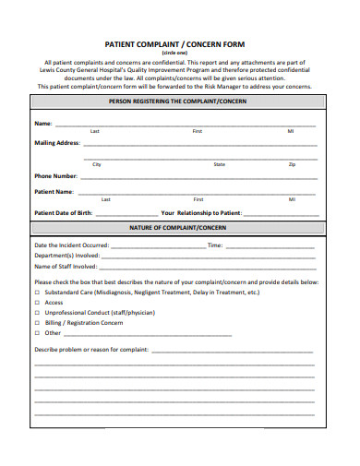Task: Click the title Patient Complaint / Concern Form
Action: coord(179,42)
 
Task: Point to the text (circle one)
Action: coord(180,53)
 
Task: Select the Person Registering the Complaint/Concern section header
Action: coord(179,102)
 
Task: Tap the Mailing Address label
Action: coord(57,144)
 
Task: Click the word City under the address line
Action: coord(97,164)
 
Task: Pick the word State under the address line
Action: coord(219,164)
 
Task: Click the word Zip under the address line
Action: coord(292,164)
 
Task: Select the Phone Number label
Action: coord(55,175)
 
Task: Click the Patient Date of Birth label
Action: coord(64,212)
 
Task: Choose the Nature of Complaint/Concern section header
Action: coord(179,227)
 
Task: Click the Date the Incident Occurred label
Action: coord(71,245)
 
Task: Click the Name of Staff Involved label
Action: coord(65,266)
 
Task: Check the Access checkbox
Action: coord(37,303)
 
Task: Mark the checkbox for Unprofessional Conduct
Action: coord(37,313)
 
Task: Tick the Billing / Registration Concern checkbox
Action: coord(37,323)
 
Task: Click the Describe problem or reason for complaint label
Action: coord(90,351)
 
